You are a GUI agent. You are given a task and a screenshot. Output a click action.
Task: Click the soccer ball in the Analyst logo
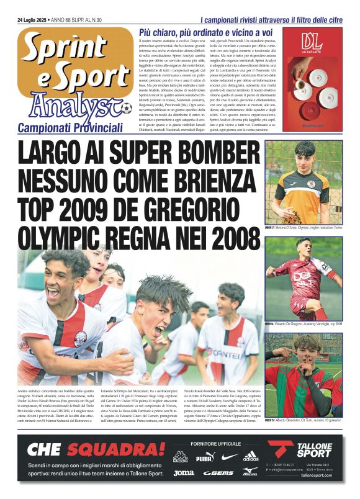click(x=126, y=109)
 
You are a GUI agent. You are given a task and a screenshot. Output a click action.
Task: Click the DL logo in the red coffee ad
click(x=310, y=42)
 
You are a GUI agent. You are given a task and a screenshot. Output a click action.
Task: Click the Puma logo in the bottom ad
click(x=204, y=458)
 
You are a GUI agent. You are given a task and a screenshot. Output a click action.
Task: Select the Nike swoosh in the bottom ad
click(x=228, y=457)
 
